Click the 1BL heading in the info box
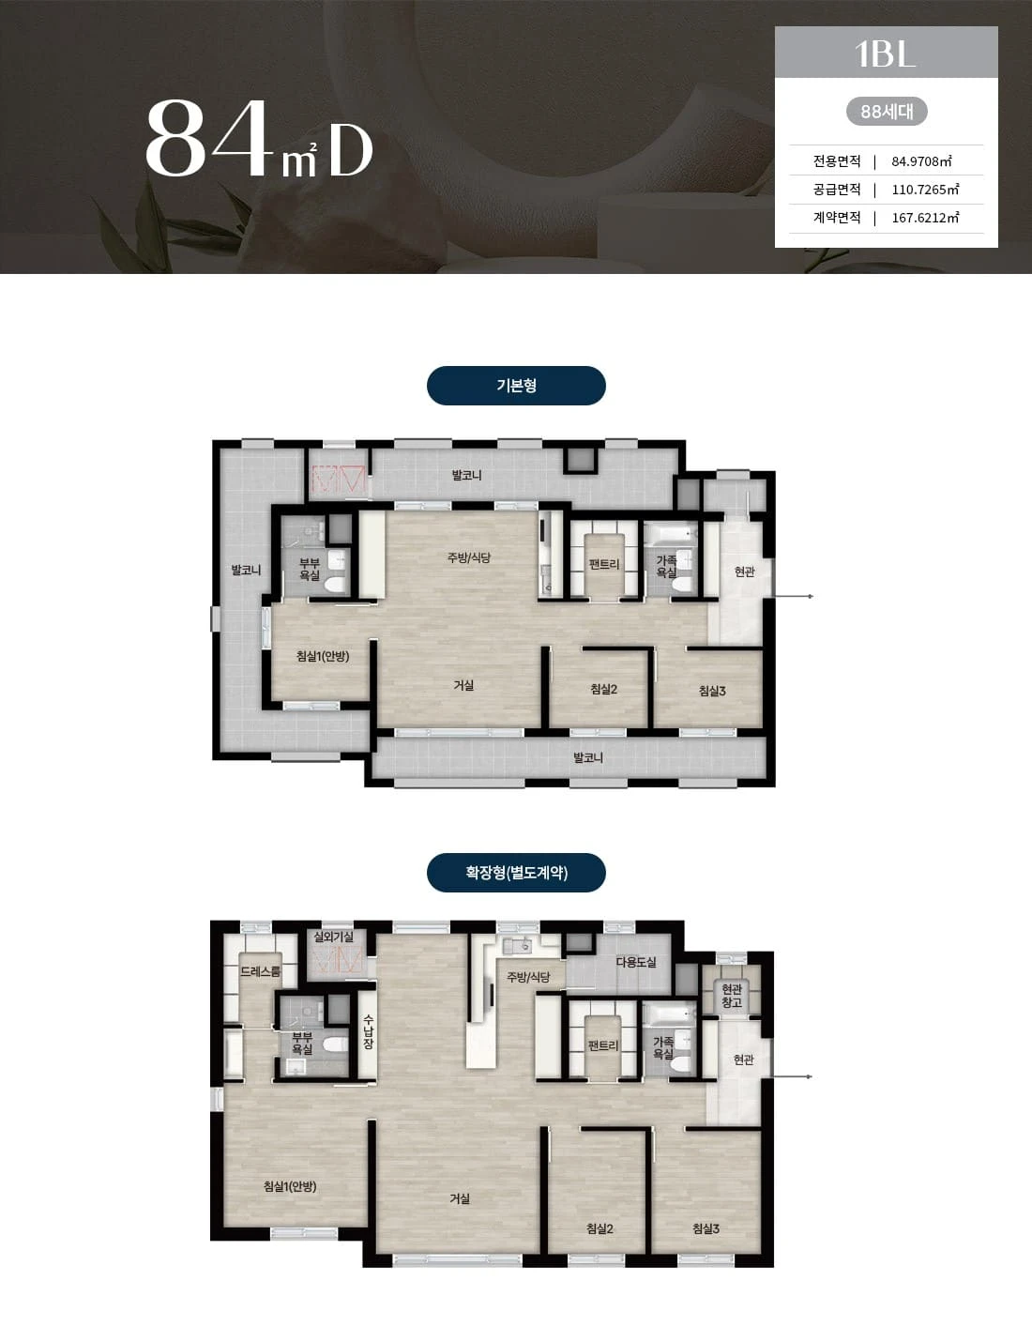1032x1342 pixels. point(885,53)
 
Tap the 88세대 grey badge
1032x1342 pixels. point(887,112)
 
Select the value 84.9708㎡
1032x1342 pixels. point(921,161)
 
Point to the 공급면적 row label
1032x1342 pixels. point(836,190)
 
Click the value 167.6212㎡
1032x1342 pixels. point(925,218)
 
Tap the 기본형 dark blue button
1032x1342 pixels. point(516,386)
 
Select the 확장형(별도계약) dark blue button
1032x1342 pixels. point(516,872)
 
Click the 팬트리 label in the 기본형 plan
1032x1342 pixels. point(603,564)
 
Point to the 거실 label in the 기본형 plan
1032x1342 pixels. point(463,685)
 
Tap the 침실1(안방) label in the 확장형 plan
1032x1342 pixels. point(290,1186)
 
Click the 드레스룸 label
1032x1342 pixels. point(260,971)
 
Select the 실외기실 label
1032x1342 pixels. point(334,937)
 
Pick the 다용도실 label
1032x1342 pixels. point(636,962)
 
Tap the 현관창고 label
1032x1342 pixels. point(732,996)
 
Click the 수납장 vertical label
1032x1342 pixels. point(368,1031)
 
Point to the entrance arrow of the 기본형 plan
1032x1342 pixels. point(793,596)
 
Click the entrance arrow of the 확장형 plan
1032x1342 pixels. point(792,1076)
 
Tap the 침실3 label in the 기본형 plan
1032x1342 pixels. point(712,691)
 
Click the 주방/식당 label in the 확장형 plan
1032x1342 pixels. point(527,977)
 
